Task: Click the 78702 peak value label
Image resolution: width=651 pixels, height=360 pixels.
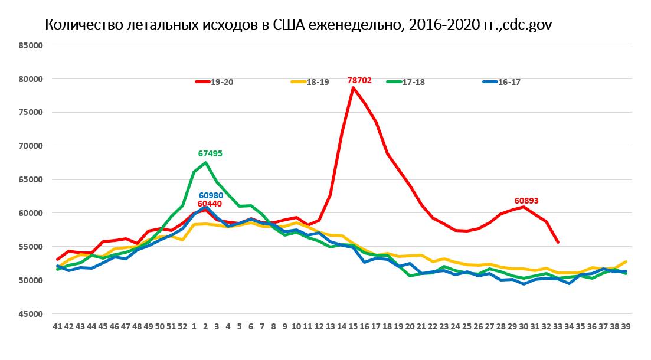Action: tap(359, 80)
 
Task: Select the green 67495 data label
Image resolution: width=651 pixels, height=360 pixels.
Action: tap(210, 153)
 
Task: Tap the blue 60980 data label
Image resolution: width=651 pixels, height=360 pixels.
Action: tap(211, 195)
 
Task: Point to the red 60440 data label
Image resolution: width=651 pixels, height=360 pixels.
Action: tap(210, 204)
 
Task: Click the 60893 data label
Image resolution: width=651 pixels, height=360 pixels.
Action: tap(526, 201)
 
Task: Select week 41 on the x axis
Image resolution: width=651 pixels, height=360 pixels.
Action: tap(57, 326)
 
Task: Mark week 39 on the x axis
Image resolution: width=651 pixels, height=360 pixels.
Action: tap(626, 326)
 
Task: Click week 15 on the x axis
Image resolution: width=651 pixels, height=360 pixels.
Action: tap(353, 326)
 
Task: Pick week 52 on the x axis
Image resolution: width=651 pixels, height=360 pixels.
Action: tap(182, 326)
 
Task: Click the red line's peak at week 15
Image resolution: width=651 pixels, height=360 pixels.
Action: tap(353, 87)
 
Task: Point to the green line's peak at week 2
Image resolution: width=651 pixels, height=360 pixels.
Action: tap(205, 162)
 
